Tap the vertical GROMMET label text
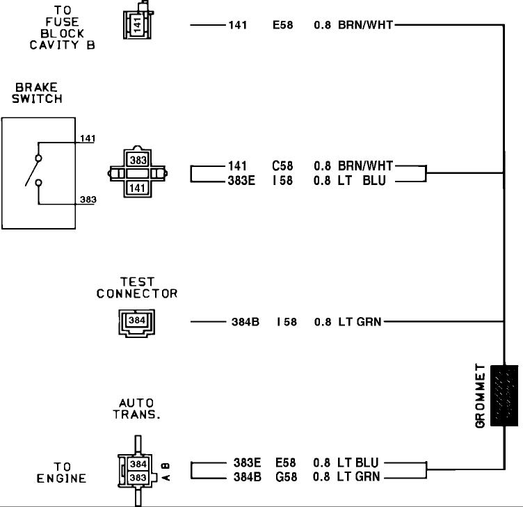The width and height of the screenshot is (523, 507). [x=481, y=395]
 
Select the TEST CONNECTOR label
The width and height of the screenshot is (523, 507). [x=137, y=288]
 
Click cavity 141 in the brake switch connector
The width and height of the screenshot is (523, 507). [x=137, y=187]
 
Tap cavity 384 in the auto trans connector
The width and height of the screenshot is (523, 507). [x=138, y=463]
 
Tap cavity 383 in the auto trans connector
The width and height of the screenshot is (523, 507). [x=138, y=477]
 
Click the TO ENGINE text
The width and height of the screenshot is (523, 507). [x=61, y=472]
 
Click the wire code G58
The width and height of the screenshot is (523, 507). [x=286, y=476]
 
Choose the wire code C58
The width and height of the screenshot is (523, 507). [x=283, y=166]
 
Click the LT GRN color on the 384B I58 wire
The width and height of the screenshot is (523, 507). [x=360, y=322]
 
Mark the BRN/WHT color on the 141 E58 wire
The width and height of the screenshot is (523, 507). [x=365, y=26]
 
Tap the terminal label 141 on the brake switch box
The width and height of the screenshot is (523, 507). [x=88, y=138]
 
